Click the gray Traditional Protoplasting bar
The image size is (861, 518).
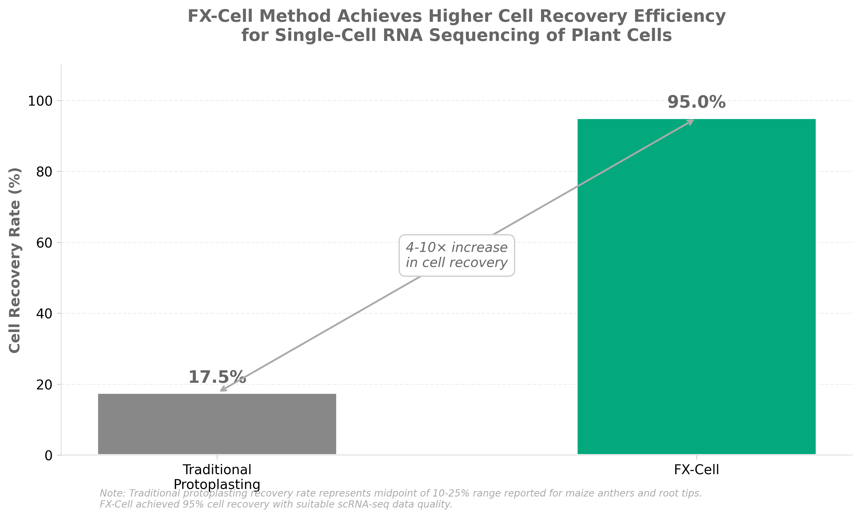(x=217, y=424)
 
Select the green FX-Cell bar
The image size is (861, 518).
(x=696, y=286)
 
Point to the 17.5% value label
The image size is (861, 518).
(x=217, y=377)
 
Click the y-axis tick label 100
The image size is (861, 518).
(x=40, y=101)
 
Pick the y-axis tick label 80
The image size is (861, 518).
(x=44, y=172)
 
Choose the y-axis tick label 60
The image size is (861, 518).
(x=44, y=243)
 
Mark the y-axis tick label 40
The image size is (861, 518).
(x=44, y=314)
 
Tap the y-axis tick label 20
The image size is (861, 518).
(x=44, y=385)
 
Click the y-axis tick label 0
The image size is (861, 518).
(x=48, y=456)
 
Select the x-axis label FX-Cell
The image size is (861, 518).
(x=696, y=470)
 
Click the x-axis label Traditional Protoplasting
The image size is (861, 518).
(x=217, y=477)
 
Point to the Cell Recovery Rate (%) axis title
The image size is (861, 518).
(x=15, y=260)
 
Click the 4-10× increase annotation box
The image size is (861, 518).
(x=456, y=255)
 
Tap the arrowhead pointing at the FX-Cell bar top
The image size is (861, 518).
(x=692, y=121)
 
